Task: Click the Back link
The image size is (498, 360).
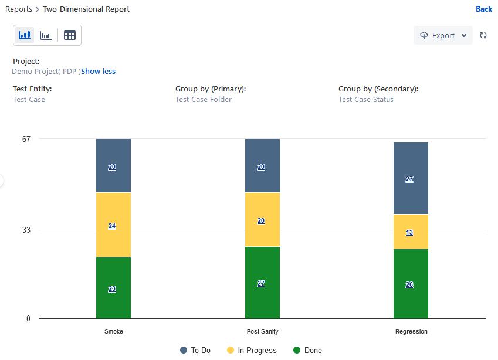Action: (484, 9)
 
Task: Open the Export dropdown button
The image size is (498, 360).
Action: (443, 35)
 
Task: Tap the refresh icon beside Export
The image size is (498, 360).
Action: (483, 35)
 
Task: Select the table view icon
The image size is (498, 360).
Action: (70, 35)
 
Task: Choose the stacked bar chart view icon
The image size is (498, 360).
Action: (25, 35)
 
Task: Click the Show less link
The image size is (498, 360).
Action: (98, 72)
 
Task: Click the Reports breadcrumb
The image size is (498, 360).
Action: (19, 9)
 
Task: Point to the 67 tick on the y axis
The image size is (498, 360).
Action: (26, 139)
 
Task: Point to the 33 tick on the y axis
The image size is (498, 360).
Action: (26, 230)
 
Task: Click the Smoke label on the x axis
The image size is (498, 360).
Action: (114, 331)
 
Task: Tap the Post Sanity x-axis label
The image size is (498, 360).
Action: (263, 331)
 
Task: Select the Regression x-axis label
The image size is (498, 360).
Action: (411, 331)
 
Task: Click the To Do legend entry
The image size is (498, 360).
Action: (195, 350)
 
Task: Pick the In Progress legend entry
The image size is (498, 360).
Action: (252, 350)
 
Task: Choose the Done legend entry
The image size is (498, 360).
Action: (308, 350)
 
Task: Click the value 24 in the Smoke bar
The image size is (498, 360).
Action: (112, 226)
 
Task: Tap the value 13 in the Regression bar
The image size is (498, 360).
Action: (409, 232)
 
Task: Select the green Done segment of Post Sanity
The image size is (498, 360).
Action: (262, 283)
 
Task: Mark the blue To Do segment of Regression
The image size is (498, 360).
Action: (411, 178)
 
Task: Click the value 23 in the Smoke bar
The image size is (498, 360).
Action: (112, 289)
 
